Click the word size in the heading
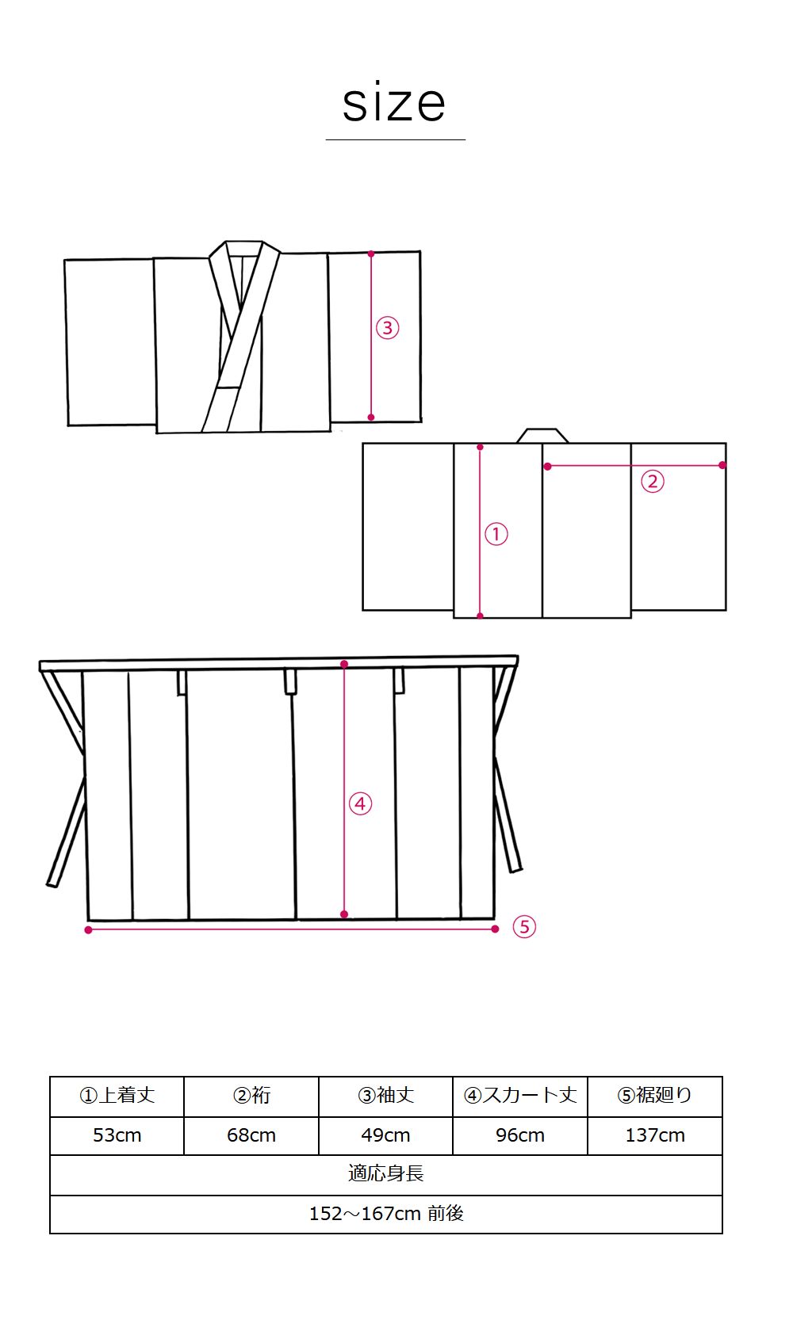tap(394, 102)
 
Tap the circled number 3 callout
tap(387, 328)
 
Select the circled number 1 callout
tap(496, 534)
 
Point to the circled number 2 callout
tap(653, 482)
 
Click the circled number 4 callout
tap(361, 804)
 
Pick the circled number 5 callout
tap(524, 927)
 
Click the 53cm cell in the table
tap(117, 1135)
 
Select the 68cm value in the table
tap(251, 1135)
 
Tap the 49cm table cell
tap(385, 1135)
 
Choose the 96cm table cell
tap(520, 1135)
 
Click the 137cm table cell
tap(655, 1135)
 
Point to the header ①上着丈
tap(117, 1095)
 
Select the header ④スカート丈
tap(520, 1095)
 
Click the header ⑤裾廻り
tap(655, 1095)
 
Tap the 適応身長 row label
tap(385, 1173)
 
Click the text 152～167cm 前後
tap(386, 1214)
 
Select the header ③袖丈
tap(385, 1095)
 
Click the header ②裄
tap(251, 1095)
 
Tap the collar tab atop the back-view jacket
tap(542, 436)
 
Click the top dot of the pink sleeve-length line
tap(370, 254)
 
